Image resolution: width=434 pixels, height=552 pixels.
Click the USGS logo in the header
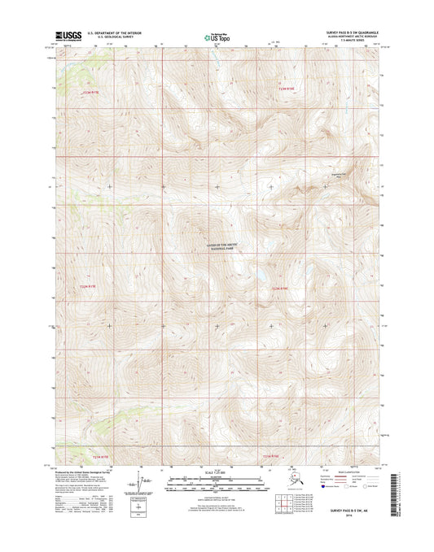69,36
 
